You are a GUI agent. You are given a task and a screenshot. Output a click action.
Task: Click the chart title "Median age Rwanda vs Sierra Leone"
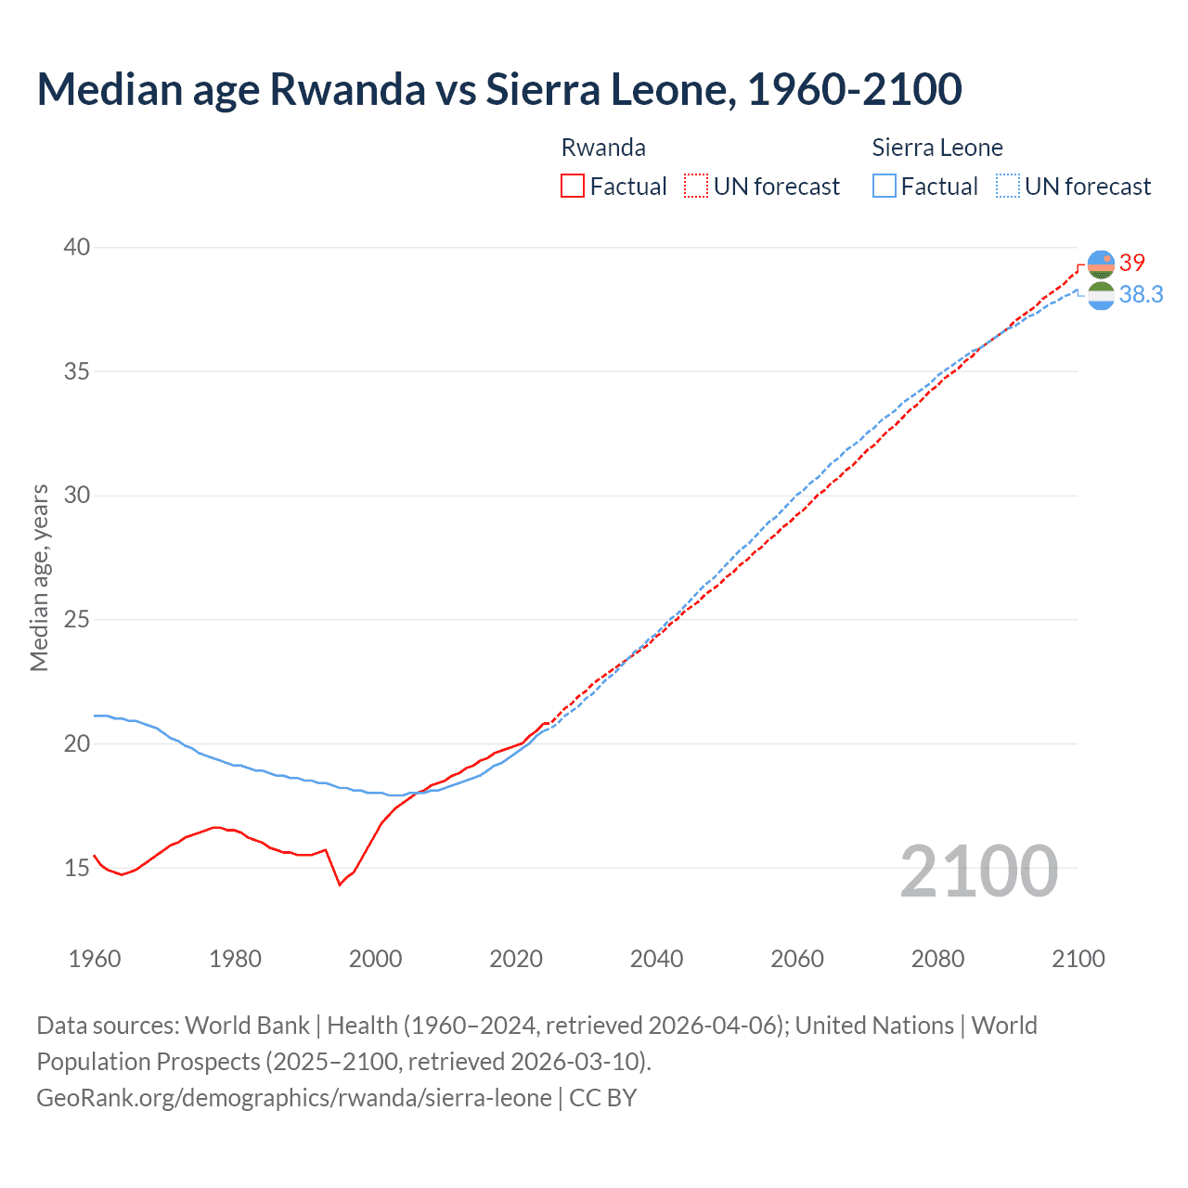[499, 89]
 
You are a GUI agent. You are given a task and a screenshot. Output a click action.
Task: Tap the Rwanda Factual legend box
[573, 187]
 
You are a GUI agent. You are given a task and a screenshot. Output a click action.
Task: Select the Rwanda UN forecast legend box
[696, 187]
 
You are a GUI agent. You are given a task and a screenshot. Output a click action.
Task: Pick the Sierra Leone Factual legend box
[885, 187]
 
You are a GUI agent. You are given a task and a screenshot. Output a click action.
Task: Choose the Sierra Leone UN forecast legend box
[1008, 187]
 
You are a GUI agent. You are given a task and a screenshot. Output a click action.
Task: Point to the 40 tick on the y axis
[77, 247]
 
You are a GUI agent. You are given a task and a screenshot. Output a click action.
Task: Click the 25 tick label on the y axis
[77, 619]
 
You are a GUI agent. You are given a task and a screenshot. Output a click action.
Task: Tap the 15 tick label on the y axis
[77, 868]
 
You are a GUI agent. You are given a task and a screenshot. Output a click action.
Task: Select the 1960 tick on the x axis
[95, 959]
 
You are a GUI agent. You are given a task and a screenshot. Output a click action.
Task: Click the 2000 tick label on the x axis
[375, 959]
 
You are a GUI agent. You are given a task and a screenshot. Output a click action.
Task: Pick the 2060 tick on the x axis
[797, 959]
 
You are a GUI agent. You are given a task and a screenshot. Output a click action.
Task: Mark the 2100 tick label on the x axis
[1078, 959]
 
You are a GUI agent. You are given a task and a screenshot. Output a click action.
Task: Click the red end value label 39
[1132, 263]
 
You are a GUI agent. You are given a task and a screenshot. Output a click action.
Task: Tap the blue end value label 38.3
[1141, 294]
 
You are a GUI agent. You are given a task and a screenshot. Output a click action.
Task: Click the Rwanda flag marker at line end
[1101, 264]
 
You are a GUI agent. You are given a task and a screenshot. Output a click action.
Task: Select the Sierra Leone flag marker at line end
[1101, 296]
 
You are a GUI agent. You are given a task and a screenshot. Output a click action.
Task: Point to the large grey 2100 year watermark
[978, 871]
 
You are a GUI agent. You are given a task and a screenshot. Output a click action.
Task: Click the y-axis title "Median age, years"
[39, 577]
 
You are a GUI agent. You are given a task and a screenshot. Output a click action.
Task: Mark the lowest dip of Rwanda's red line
[340, 885]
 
